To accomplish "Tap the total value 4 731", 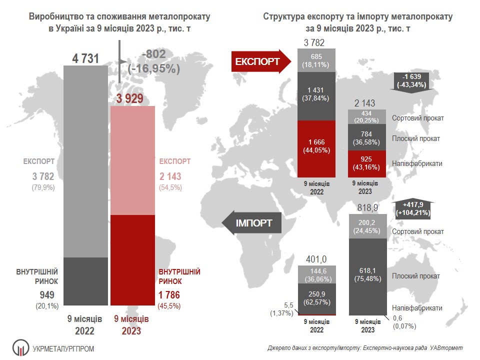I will click(87, 59).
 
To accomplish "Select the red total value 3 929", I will click(130, 99).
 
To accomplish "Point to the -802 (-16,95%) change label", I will click(160, 61).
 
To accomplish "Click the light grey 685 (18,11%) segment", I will click(317, 60).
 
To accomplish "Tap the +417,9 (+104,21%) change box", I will click(413, 208).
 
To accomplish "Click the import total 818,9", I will click(367, 206).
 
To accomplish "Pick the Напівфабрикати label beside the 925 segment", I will click(417, 163).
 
